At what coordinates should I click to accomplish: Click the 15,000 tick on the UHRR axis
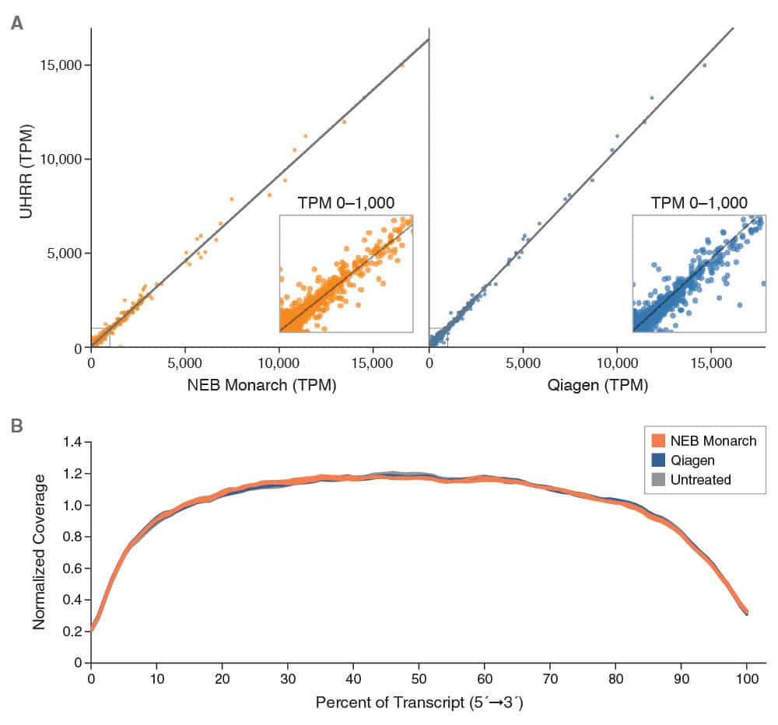click(x=61, y=65)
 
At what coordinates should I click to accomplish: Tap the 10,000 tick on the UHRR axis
click(x=61, y=159)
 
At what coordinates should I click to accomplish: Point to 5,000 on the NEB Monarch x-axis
click(x=185, y=362)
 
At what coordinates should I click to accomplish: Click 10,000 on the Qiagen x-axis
click(x=617, y=362)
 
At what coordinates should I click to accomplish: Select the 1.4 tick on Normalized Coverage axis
click(x=72, y=443)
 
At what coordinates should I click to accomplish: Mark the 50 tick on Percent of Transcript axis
click(x=419, y=679)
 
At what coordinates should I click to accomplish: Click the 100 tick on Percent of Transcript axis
click(x=747, y=679)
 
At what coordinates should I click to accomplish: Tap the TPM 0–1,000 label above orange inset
click(x=345, y=203)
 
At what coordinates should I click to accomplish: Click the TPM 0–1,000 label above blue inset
click(x=699, y=203)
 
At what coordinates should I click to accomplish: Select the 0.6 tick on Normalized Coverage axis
click(x=72, y=569)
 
